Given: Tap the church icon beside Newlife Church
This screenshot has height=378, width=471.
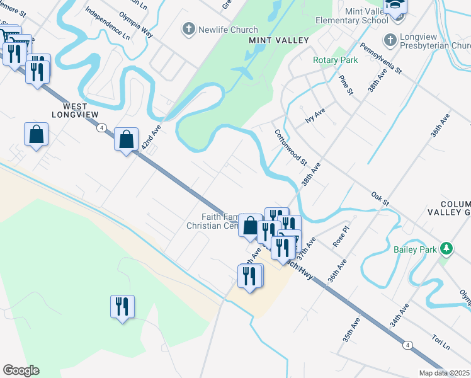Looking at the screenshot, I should [x=188, y=30].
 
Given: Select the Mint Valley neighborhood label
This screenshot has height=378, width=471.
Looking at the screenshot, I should [x=279, y=40].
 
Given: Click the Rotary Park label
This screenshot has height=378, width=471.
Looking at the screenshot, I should [x=336, y=60].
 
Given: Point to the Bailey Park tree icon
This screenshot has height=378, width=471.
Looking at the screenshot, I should [x=447, y=249].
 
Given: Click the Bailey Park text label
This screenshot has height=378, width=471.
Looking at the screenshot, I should [x=416, y=249].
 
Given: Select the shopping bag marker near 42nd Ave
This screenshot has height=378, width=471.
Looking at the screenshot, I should [x=127, y=139].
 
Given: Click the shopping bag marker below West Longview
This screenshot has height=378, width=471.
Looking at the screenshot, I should [x=36, y=134].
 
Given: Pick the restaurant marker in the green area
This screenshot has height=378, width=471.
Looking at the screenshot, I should [x=122, y=307].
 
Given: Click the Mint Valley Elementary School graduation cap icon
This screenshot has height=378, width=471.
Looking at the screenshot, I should [x=395, y=6].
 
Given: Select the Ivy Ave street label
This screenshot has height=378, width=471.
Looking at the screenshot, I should [x=315, y=115].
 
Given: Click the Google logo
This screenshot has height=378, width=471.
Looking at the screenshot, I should [x=21, y=370].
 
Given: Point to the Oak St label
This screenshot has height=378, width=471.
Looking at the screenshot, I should [x=381, y=198].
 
